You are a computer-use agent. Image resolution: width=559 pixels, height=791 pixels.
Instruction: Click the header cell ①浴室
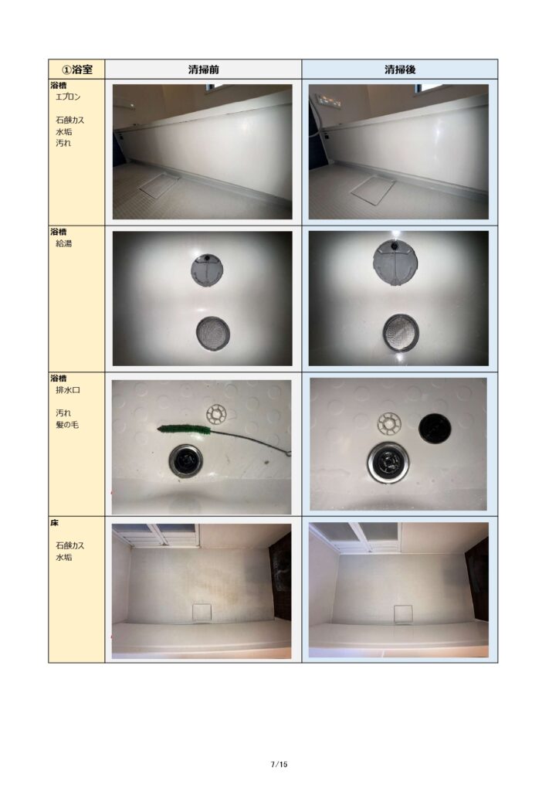(76, 69)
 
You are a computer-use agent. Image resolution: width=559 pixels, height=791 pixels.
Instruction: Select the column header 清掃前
(203, 69)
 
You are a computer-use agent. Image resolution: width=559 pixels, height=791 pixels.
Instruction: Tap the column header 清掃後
(400, 69)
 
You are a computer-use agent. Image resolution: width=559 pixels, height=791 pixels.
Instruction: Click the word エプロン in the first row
(68, 97)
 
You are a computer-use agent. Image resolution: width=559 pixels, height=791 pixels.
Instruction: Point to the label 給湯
(63, 243)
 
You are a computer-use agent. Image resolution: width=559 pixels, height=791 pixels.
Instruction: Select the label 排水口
(67, 390)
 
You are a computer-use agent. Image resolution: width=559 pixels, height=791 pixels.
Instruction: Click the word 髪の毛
(67, 425)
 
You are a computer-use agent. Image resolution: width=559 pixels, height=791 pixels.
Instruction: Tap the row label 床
(55, 523)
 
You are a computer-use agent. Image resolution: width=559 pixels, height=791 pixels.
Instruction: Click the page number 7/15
(279, 764)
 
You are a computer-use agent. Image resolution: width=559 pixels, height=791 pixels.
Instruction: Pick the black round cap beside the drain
(435, 428)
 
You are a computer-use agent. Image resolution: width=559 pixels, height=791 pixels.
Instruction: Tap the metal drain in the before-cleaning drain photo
(186, 460)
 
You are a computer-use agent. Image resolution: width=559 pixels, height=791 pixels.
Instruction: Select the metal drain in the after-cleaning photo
(388, 462)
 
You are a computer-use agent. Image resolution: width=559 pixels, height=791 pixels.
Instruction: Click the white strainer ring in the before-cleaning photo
(217, 414)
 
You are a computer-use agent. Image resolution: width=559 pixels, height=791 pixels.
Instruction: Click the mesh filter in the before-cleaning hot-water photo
(212, 334)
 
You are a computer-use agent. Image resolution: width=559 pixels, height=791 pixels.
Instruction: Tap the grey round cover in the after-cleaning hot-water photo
(396, 263)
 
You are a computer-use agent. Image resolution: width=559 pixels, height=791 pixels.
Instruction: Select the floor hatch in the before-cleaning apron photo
(160, 185)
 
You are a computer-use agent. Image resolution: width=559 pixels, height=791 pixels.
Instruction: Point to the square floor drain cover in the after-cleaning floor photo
(403, 614)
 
